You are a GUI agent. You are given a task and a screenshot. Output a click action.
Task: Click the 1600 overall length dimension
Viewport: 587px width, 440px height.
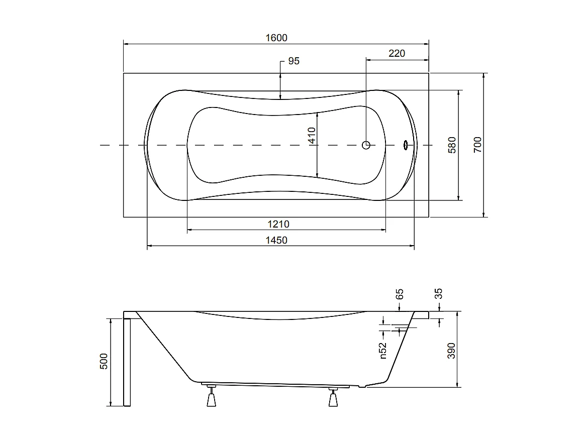click(x=276, y=38)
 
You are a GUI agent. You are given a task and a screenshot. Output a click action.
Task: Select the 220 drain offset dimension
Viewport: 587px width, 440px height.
click(x=397, y=53)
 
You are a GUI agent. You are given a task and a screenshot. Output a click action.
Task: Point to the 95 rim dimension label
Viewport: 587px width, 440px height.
click(x=293, y=61)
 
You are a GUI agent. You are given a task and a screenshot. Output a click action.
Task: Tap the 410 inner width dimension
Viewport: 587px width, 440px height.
click(x=312, y=136)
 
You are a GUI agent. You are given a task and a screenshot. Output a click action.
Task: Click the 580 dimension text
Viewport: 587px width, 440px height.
click(x=452, y=145)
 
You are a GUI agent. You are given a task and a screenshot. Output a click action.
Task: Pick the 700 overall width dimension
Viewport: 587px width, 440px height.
click(x=477, y=145)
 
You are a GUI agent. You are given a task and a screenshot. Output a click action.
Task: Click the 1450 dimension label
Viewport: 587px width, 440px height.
click(x=276, y=241)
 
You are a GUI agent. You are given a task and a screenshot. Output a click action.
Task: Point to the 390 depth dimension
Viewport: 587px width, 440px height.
click(x=451, y=350)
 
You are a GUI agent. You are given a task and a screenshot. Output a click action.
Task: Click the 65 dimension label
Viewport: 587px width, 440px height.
click(x=400, y=294)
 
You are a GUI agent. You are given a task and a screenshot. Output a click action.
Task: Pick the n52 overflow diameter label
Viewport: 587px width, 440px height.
click(x=382, y=350)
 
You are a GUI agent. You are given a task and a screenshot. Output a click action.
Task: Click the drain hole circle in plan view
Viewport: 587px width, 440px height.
click(x=366, y=145)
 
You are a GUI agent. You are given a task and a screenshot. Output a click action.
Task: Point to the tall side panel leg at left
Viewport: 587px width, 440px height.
click(x=127, y=362)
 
